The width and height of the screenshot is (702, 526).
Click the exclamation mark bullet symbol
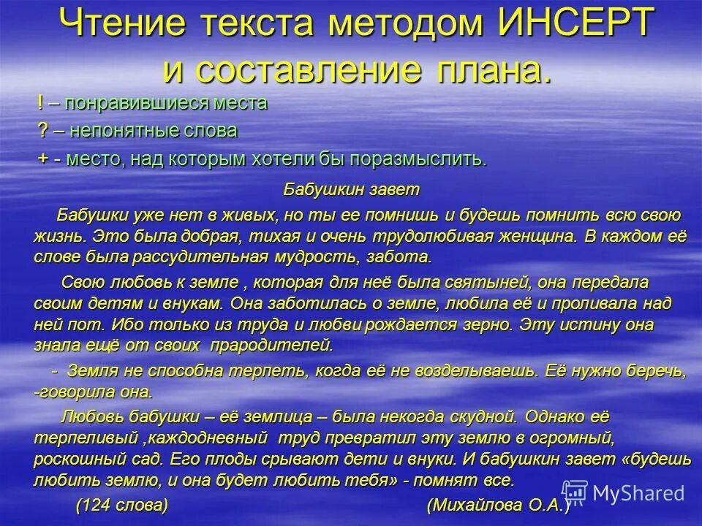pyautogui.click(x=40, y=103)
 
